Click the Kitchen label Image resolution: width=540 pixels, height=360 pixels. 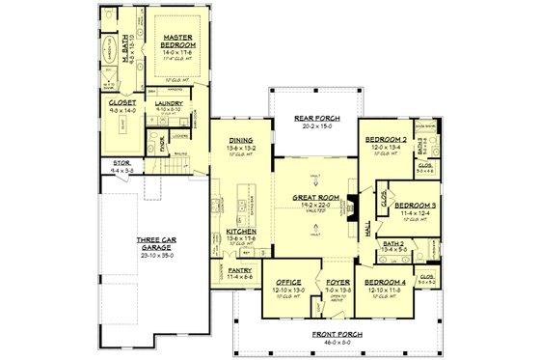click(240, 232)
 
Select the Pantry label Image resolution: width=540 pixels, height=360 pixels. click(240, 271)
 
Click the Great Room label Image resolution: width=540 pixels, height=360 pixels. click(313, 199)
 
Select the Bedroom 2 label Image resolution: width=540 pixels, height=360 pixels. click(384, 140)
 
